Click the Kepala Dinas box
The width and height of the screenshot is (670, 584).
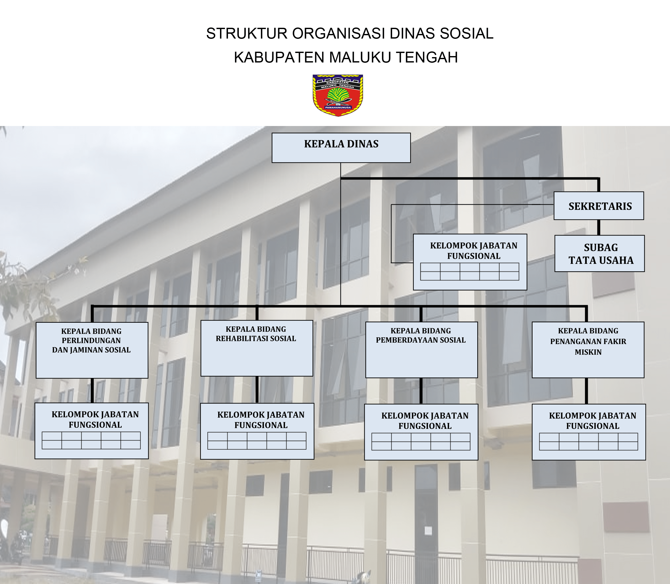pos(341,148)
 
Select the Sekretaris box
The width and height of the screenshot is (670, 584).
pos(598,206)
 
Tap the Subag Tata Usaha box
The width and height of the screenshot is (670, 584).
pos(600,254)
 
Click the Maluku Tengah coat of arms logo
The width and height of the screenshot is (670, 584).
pos(338,95)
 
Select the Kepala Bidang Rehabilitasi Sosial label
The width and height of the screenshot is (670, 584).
pos(256,334)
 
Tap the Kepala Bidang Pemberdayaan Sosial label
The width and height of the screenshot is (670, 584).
pos(421,335)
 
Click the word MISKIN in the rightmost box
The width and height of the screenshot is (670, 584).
pos(588,352)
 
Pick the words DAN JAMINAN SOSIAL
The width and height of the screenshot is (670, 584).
pos(91,350)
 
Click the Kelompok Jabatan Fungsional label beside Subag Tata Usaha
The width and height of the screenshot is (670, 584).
pos(473,251)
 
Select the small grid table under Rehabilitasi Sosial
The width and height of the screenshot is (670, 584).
pos(257,441)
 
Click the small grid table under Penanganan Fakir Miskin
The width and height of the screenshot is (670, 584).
pos(588,442)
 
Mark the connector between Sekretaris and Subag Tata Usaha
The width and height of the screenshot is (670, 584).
pos(598,228)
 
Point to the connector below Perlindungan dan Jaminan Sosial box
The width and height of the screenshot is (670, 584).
pos(92,390)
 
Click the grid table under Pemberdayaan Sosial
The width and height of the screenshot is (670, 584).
pos(421,442)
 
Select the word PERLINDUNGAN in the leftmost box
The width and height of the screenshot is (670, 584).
pos(91,340)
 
